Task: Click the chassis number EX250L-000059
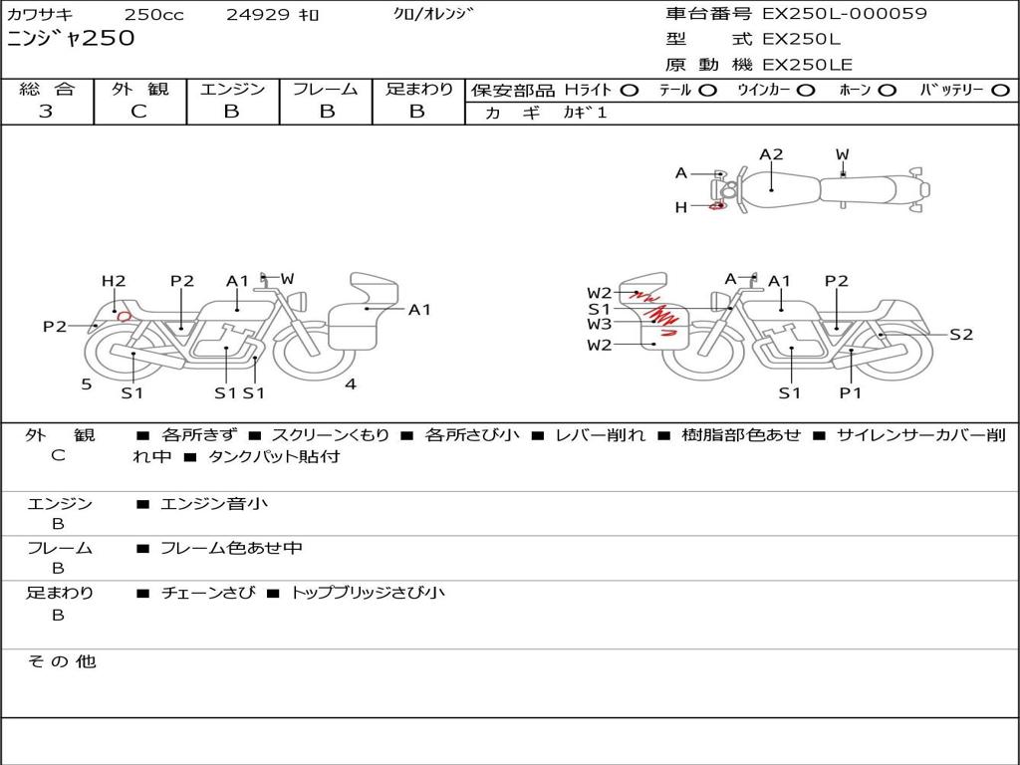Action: (x=845, y=14)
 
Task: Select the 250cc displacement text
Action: (x=154, y=14)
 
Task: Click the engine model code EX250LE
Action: (x=807, y=65)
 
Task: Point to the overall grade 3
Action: (x=46, y=112)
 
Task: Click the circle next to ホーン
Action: (x=888, y=91)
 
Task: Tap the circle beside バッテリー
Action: (x=1000, y=91)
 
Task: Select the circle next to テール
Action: (x=708, y=91)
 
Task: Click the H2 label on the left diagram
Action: (x=114, y=281)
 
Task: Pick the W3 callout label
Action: (x=599, y=324)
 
